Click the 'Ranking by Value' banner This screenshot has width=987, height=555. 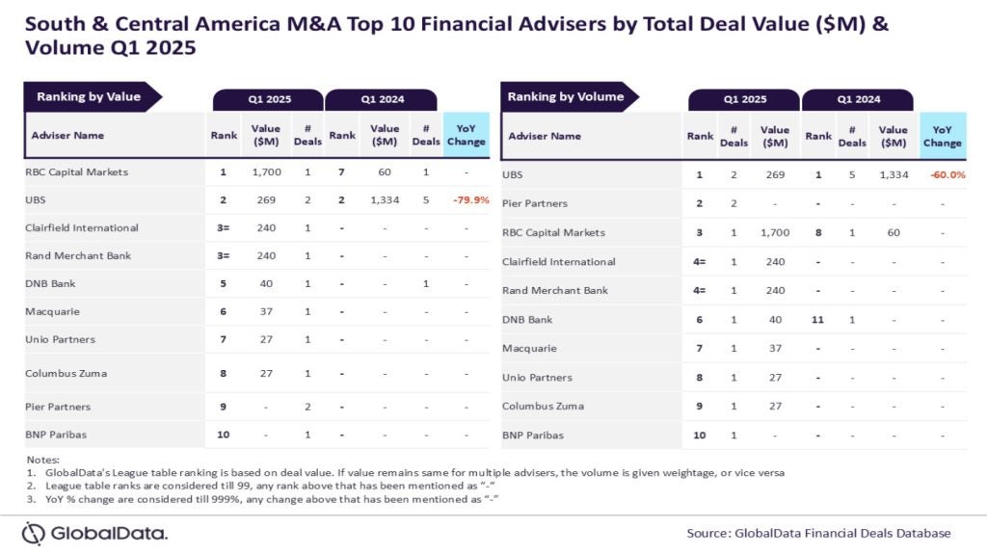[x=89, y=96]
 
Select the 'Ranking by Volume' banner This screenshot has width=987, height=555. [x=566, y=96]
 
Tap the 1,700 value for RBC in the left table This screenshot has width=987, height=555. [x=266, y=172]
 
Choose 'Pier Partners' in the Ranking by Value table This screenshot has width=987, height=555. [x=59, y=407]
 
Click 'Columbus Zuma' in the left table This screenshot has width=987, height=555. [x=65, y=373]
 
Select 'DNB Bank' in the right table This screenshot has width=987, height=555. [x=527, y=319]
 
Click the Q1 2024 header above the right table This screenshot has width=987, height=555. [x=857, y=99]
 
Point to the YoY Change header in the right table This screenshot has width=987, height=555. [x=942, y=136]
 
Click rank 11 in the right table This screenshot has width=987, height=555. [x=818, y=319]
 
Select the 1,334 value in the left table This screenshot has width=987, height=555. [x=384, y=200]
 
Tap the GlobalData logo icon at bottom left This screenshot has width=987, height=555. [x=33, y=533]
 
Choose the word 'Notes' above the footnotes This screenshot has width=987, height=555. [x=42, y=460]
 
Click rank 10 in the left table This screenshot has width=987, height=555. [x=224, y=435]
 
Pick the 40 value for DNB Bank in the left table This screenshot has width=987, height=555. [x=266, y=283]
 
